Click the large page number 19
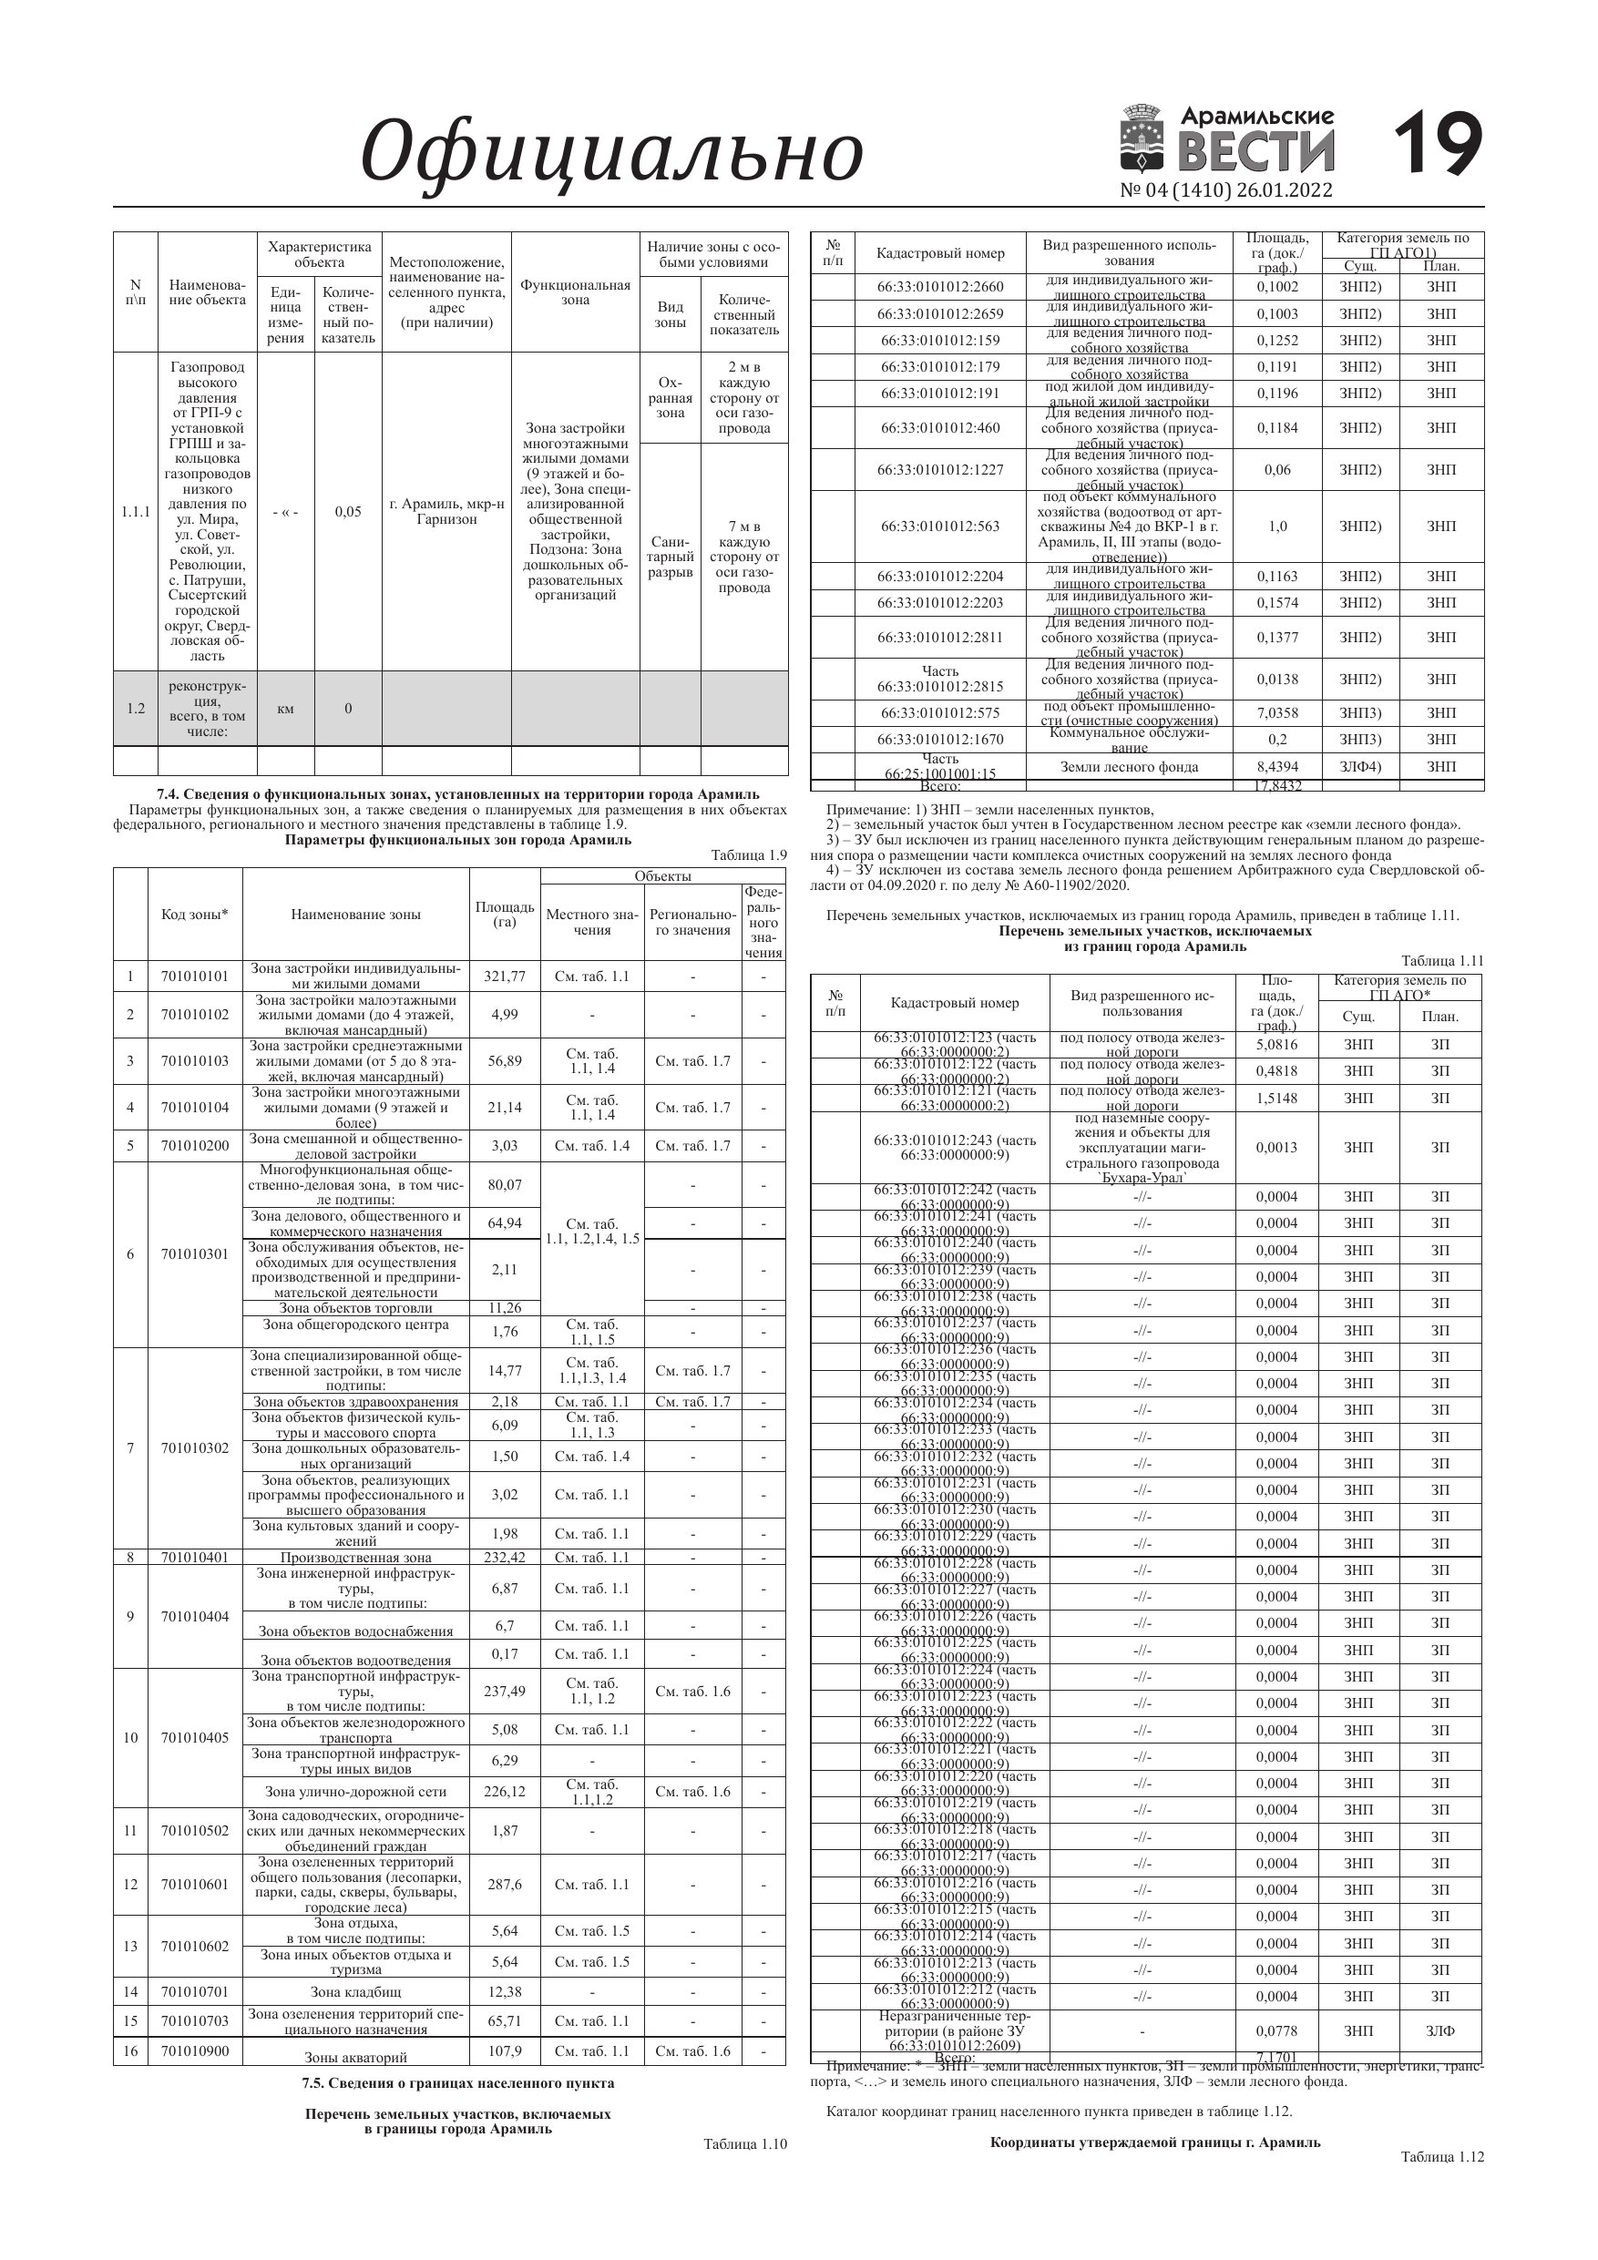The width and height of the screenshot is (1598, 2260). click(x=1438, y=146)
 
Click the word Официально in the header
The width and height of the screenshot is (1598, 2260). click(x=611, y=152)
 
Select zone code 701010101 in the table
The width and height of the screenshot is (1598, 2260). click(x=194, y=977)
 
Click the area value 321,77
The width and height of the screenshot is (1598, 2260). click(x=504, y=977)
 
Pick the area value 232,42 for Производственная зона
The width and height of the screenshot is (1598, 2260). click(x=504, y=1557)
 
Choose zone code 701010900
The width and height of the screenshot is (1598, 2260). click(x=194, y=2051)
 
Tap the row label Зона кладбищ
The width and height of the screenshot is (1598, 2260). click(x=355, y=1991)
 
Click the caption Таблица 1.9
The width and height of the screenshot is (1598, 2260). click(x=748, y=855)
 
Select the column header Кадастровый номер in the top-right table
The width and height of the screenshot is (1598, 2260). click(x=939, y=254)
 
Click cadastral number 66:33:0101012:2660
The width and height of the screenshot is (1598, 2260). click(x=939, y=288)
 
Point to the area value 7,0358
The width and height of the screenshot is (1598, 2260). click(x=1277, y=712)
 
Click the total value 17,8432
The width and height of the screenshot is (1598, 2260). click(x=1277, y=785)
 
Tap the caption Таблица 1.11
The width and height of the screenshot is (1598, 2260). click(x=1441, y=961)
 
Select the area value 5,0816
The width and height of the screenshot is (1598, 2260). click(x=1277, y=1044)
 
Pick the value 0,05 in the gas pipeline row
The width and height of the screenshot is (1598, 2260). click(x=347, y=512)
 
